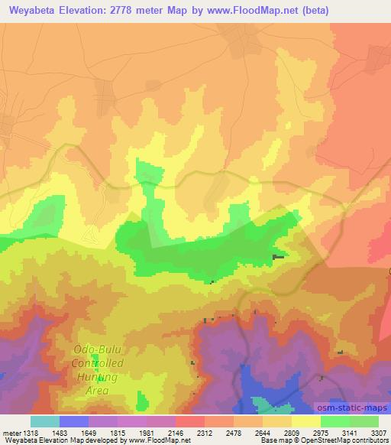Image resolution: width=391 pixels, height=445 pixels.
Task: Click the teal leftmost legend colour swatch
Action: (45, 421)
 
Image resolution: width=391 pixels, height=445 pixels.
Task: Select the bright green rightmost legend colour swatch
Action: (364, 421)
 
